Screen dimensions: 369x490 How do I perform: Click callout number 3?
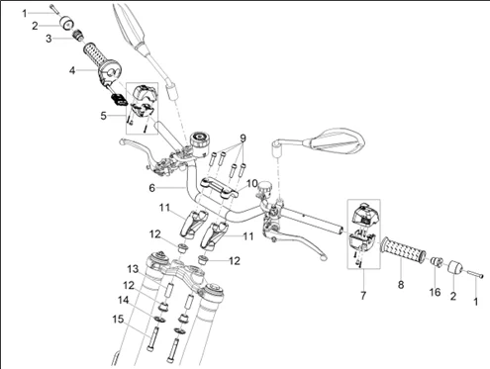[x=49, y=39]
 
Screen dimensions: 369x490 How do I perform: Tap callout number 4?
[x=72, y=70]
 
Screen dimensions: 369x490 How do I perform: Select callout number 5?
[x=104, y=115]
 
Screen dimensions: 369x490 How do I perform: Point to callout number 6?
[x=150, y=188]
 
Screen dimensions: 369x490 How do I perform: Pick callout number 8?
[x=401, y=285]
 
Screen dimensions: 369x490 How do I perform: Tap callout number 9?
[x=241, y=138]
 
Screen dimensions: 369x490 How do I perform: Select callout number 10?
[x=251, y=183]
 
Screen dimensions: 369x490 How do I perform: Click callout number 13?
[x=131, y=269]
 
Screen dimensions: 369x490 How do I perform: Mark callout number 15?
[x=117, y=319]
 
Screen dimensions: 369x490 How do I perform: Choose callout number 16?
[x=433, y=293]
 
